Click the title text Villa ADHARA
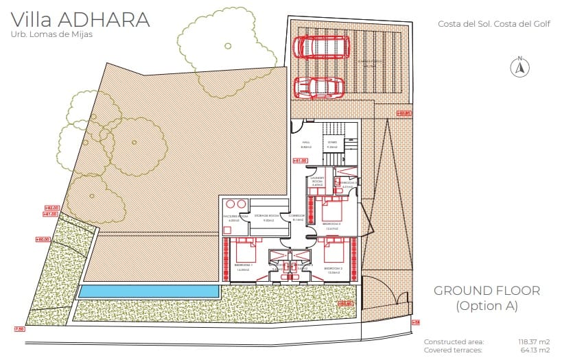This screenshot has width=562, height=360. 80,20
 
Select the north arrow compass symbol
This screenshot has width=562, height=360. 519,67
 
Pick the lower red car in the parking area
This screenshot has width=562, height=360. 320,88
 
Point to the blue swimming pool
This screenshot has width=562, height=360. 149,291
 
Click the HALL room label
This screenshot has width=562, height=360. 306,144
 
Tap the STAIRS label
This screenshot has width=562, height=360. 332,144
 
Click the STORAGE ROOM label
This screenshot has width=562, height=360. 265,217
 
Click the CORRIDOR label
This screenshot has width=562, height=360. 296,217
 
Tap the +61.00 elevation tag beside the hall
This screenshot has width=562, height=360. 299,160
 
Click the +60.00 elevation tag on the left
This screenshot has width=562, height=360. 43,239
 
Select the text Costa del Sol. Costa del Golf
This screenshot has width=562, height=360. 484,24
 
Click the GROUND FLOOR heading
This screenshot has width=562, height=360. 487,291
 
